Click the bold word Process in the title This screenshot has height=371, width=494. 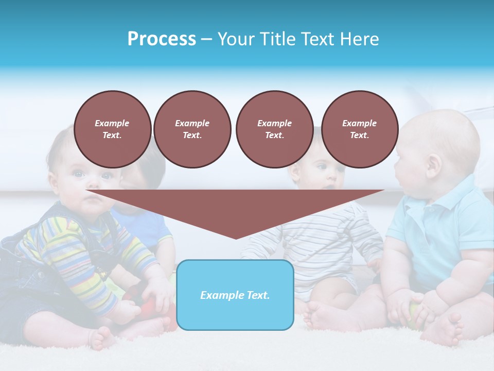(x=162, y=39)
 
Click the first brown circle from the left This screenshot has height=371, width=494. (x=112, y=129)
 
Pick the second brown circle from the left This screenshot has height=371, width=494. (x=192, y=129)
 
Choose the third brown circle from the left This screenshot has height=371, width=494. (x=274, y=129)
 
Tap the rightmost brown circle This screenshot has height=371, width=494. (x=360, y=129)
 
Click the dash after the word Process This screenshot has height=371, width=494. (x=206, y=39)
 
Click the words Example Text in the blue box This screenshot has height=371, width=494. (x=235, y=295)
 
